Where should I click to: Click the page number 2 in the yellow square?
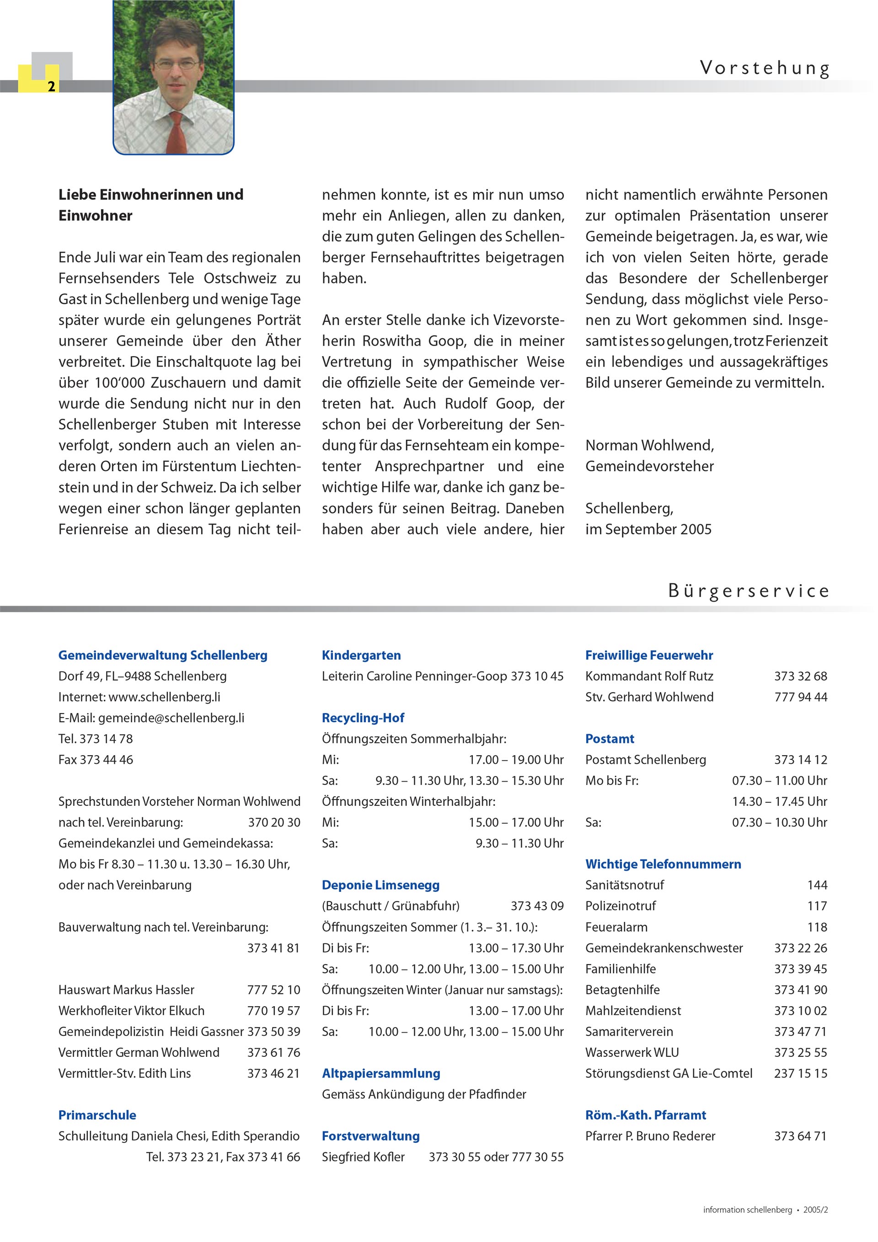pyautogui.click(x=51, y=86)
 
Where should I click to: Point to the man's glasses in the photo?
pyautogui.click(x=174, y=64)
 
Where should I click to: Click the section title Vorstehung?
pyautogui.click(x=764, y=69)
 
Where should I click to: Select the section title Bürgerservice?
pyautogui.click(x=748, y=591)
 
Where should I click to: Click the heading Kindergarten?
pyautogui.click(x=361, y=655)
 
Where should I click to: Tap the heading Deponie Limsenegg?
pyautogui.click(x=380, y=885)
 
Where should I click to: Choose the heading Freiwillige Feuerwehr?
pyautogui.click(x=648, y=655)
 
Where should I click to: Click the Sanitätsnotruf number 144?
pyautogui.click(x=817, y=885)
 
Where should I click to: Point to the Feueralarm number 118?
pyautogui.click(x=817, y=927)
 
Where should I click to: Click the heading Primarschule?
pyautogui.click(x=97, y=1115)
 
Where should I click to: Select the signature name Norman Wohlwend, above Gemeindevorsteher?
pyautogui.click(x=649, y=445)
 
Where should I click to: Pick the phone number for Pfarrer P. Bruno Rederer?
pyautogui.click(x=800, y=1136)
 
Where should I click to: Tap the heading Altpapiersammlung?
pyautogui.click(x=380, y=1073)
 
